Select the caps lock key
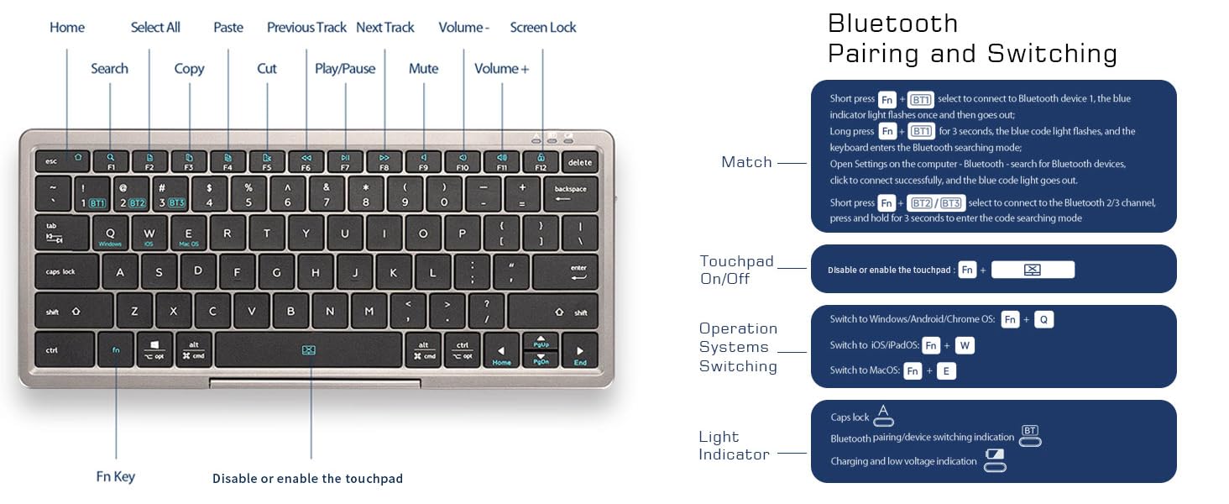pos(66,272)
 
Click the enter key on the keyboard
pos(565,272)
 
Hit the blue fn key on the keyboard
pos(116,349)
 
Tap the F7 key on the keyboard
pos(345,160)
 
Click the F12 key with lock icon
pos(541,160)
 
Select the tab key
pos(61,233)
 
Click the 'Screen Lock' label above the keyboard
pos(543,28)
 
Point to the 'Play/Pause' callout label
pos(345,69)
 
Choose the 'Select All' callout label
pos(155,28)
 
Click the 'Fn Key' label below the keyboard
pos(115,477)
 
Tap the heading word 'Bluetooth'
pos(892,23)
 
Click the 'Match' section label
pos(746,162)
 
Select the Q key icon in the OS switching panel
pos(1043,319)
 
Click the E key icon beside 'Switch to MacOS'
pos(946,370)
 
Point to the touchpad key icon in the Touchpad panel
pos(1033,270)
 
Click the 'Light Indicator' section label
pos(723,445)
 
